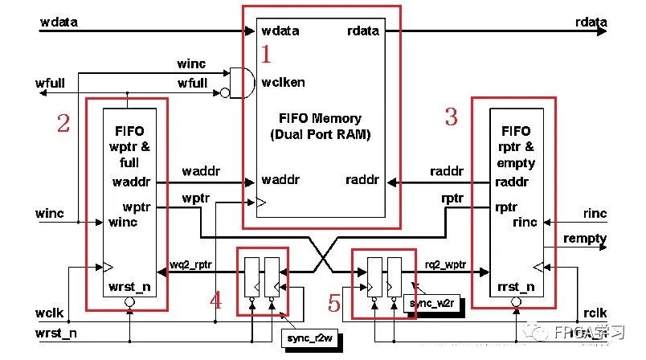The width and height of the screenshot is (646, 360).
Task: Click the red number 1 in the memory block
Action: (267, 54)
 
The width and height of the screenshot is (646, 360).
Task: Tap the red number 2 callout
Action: (63, 123)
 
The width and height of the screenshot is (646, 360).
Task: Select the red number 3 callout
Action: (451, 117)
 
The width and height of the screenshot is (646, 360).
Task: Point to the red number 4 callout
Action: (215, 301)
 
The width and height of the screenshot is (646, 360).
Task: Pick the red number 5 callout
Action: (335, 303)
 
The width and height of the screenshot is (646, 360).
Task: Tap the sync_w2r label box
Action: (434, 303)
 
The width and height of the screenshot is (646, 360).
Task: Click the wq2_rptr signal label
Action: (191, 264)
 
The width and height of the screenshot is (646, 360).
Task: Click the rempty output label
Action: (585, 239)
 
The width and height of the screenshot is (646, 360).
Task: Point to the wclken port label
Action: (283, 82)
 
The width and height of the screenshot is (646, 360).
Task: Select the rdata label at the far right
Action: (591, 22)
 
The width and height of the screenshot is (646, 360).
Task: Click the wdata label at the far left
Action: (59, 22)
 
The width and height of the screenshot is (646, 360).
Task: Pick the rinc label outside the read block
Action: (595, 214)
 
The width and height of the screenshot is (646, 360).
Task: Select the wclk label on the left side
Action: (51, 313)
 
